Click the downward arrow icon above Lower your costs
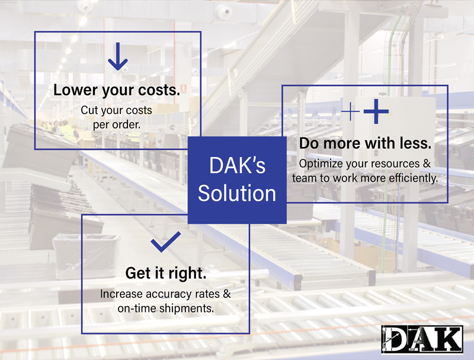(117, 57)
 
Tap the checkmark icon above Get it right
(165, 241)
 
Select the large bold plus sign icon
(376, 112)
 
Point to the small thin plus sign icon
(351, 112)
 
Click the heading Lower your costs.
(117, 90)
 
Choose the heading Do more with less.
(365, 144)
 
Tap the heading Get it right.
(165, 273)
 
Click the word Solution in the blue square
(237, 193)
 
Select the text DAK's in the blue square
(237, 165)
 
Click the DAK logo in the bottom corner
(421, 339)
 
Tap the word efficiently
(413, 177)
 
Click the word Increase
(120, 294)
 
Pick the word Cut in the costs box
(89, 110)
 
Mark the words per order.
(116, 125)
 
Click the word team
(304, 177)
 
